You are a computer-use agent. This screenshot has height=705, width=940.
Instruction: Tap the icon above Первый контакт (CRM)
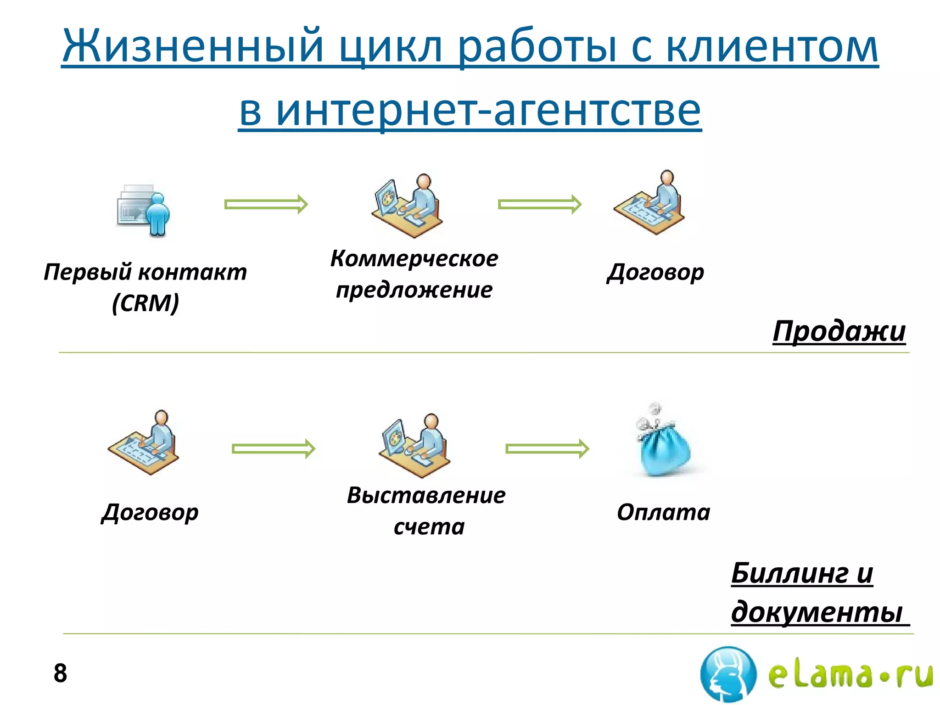143,211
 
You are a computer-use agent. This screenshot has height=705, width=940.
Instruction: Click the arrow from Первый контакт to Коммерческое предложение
266,204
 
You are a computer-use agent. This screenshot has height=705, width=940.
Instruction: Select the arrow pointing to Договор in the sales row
540,204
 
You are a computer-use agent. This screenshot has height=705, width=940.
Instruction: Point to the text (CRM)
145,303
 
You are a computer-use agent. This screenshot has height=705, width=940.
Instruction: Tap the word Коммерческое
414,258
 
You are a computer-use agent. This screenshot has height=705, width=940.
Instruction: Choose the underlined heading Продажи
839,331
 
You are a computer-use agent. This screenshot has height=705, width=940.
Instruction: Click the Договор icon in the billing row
143,443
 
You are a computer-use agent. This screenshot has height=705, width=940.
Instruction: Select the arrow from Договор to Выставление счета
274,448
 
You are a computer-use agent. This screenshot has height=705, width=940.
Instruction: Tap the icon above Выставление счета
414,445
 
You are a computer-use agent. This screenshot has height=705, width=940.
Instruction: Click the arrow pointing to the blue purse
547,448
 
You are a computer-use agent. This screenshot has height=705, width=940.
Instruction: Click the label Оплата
663,512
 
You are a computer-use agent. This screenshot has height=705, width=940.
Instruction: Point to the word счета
429,527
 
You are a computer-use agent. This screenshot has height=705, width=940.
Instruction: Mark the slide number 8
60,673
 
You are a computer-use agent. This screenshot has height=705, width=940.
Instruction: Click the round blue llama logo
728,674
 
